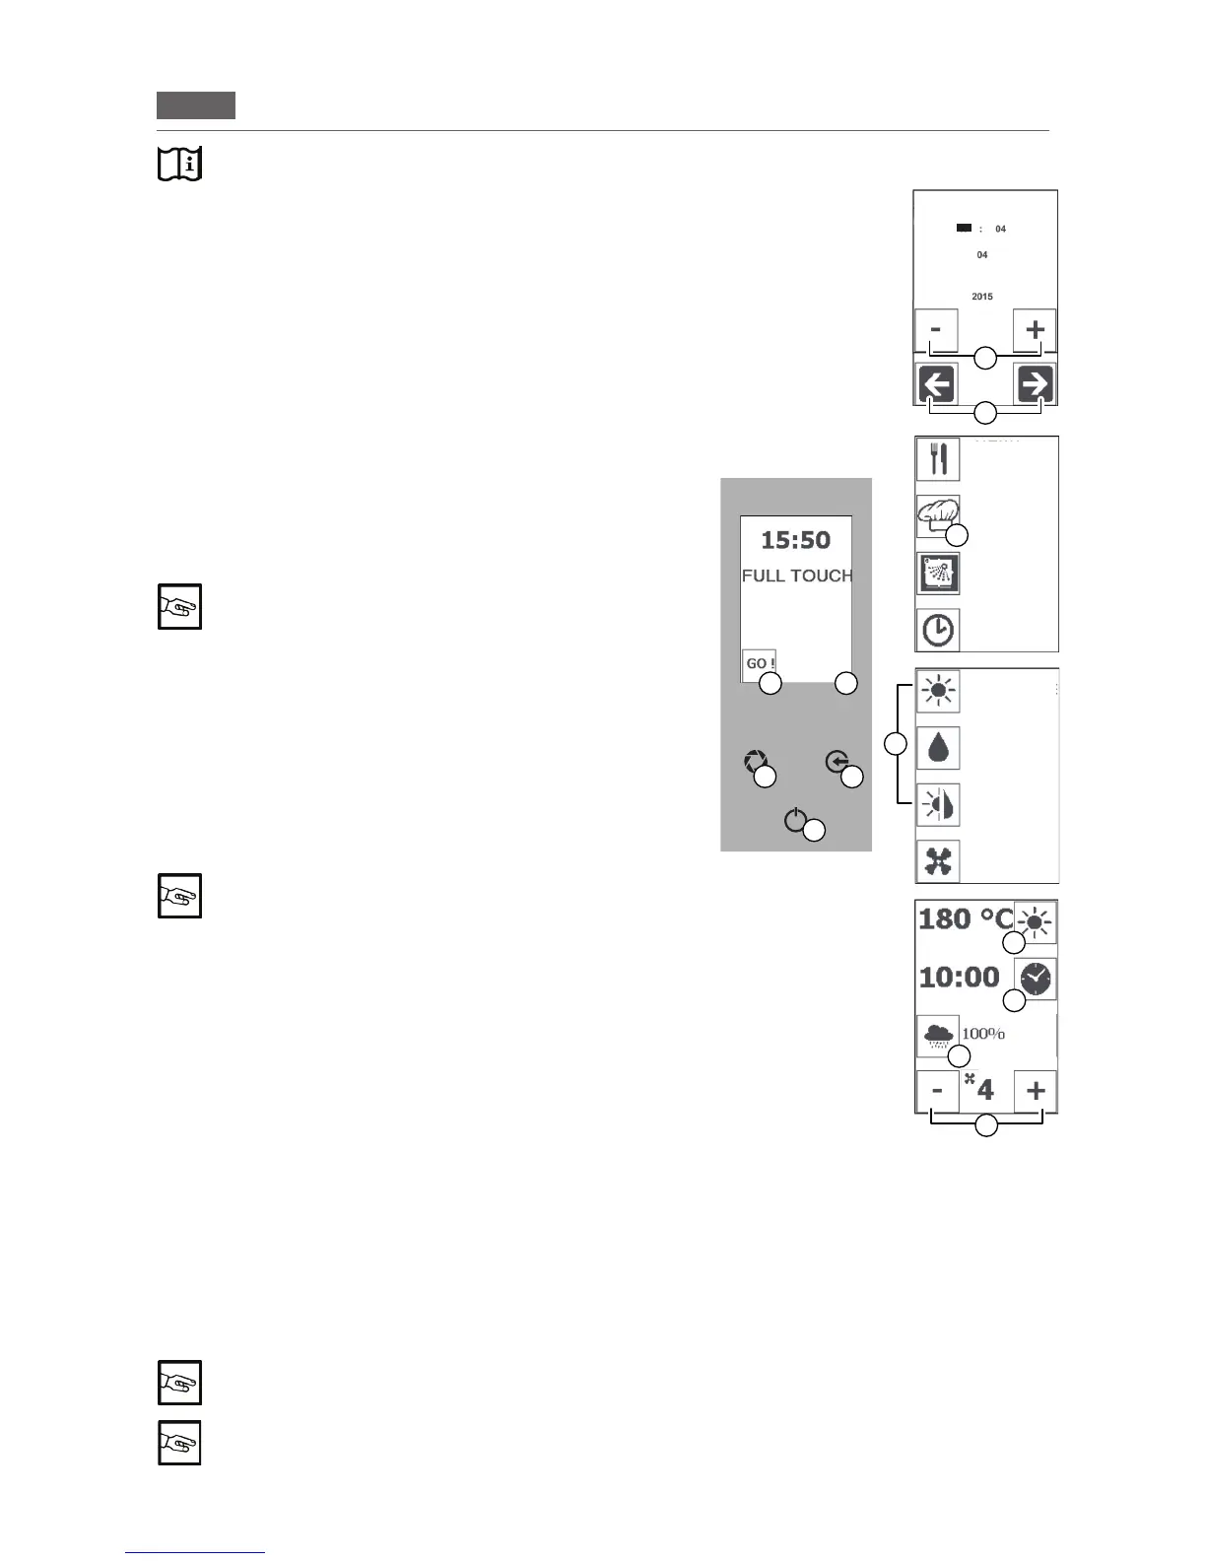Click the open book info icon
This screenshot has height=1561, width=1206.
click(x=179, y=164)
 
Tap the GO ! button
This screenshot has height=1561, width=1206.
click(x=759, y=663)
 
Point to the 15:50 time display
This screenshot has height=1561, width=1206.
click(x=795, y=540)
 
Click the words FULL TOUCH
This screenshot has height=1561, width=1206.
click(x=797, y=576)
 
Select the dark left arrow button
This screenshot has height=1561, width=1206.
click(x=937, y=384)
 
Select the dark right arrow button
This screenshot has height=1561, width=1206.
click(x=1036, y=384)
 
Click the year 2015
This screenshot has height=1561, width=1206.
click(x=982, y=297)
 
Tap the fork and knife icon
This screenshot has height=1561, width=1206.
click(x=938, y=459)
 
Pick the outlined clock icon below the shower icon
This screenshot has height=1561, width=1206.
click(x=938, y=630)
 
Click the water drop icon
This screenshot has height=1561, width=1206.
click(x=938, y=748)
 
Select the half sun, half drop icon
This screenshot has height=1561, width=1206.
click(x=938, y=805)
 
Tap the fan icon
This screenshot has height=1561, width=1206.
click(x=938, y=862)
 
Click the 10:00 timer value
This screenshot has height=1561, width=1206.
click(x=959, y=978)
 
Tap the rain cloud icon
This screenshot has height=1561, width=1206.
click(x=937, y=1036)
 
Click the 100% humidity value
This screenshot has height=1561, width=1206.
click(x=983, y=1034)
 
